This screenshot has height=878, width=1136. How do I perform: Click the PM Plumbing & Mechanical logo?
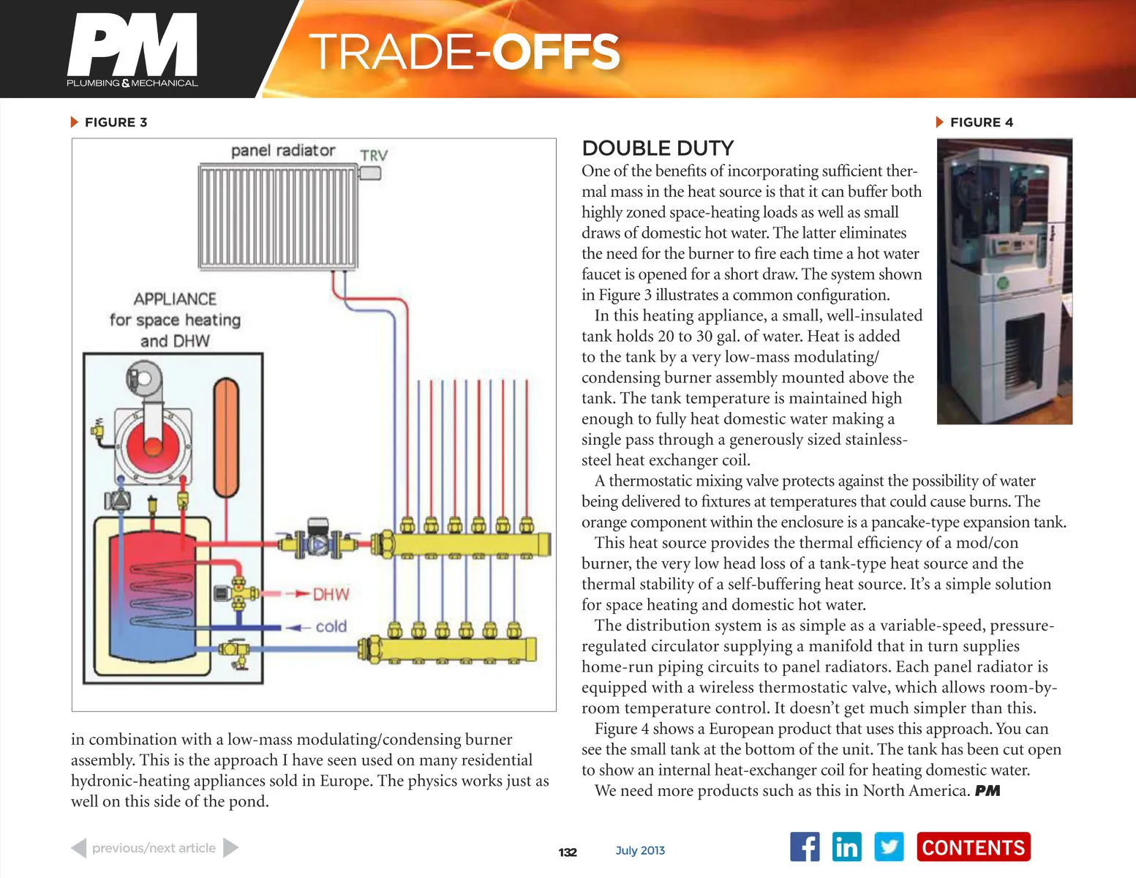point(132,50)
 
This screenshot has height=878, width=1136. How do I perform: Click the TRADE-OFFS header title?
point(464,52)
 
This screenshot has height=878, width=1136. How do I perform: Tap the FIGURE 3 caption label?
point(116,122)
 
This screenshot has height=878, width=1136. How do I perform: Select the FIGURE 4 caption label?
point(981,122)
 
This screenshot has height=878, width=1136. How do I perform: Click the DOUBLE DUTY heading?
point(658,149)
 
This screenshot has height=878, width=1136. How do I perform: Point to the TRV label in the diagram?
point(374,155)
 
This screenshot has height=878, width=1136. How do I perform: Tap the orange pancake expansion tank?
point(226,437)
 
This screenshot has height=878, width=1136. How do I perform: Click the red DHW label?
point(331,594)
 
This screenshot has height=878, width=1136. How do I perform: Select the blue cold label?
point(331,626)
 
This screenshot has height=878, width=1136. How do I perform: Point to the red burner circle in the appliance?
point(153,446)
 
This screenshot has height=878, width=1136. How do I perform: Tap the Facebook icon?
point(805,847)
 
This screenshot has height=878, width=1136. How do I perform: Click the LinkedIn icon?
point(846,847)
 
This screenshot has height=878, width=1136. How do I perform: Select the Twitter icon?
point(889,847)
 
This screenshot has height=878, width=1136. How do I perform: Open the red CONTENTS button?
point(973,847)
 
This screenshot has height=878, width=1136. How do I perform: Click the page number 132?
point(568,852)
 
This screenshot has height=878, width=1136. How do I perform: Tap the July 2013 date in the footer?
point(640,850)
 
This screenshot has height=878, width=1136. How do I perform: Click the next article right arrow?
point(230,848)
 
